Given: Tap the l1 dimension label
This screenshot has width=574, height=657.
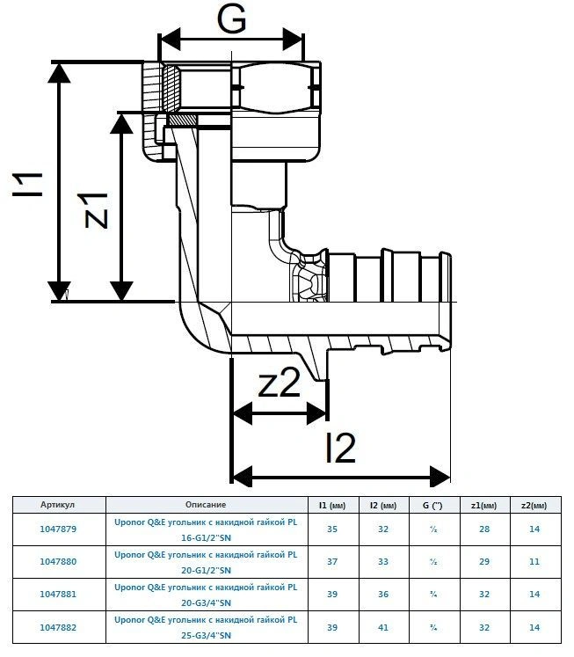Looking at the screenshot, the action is [x=27, y=184].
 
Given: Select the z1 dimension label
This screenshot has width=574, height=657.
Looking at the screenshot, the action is [x=97, y=210].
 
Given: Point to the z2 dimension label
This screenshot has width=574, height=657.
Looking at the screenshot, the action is [x=280, y=383].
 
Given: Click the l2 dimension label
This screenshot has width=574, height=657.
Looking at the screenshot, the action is [x=341, y=449].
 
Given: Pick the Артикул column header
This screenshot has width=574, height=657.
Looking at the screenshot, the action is [x=58, y=505].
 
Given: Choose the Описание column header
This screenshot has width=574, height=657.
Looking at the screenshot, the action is [x=206, y=505].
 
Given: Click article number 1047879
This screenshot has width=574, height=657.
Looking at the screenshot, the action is [x=58, y=529].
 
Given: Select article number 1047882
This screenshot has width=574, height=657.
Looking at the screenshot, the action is [x=58, y=627].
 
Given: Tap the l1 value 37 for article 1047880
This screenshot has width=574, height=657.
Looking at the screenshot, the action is [x=332, y=561].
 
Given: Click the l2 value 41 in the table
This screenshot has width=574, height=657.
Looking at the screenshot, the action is [x=383, y=627].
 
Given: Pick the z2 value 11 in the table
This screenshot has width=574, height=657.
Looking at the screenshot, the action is [x=534, y=561].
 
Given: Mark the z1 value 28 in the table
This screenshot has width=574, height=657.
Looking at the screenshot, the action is [x=484, y=529].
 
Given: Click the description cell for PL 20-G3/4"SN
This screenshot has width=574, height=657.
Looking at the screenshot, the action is [x=206, y=595].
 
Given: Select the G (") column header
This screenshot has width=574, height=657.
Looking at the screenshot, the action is [x=432, y=506].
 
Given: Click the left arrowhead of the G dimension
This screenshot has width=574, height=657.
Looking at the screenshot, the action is [x=169, y=40].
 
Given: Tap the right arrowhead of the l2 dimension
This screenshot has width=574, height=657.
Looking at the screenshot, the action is [x=440, y=477].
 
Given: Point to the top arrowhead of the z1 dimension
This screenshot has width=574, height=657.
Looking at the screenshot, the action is [x=121, y=124].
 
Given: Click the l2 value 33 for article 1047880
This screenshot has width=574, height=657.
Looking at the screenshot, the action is [x=383, y=561].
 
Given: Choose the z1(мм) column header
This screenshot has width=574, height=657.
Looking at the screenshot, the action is [x=484, y=506].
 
